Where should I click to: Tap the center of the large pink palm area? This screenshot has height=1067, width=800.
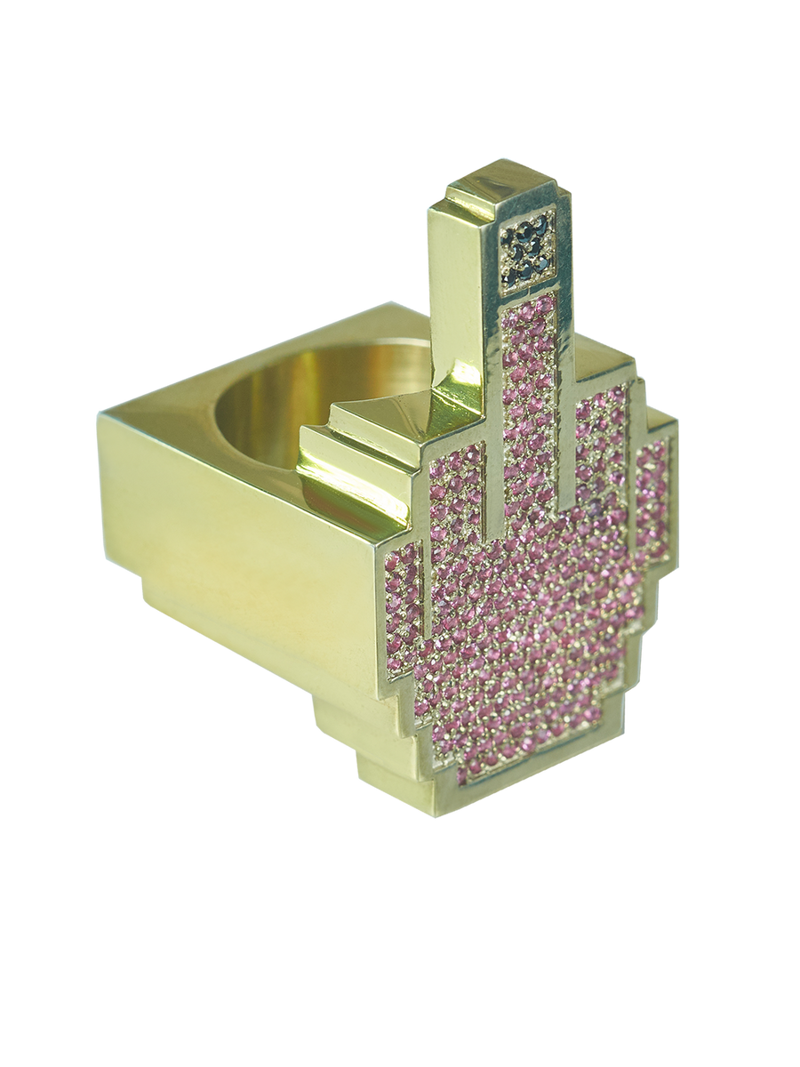(533, 622)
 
